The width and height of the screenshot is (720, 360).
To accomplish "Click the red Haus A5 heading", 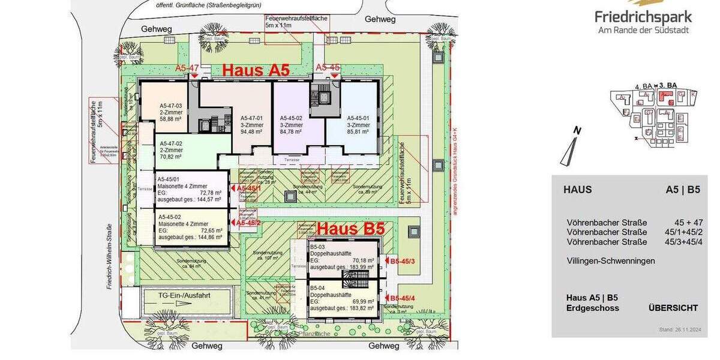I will point(256,70).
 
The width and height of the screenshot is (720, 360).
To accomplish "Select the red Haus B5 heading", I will point(350,229).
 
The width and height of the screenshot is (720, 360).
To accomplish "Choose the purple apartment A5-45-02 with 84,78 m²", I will point(296,122).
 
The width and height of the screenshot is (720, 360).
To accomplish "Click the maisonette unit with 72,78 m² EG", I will point(190,188).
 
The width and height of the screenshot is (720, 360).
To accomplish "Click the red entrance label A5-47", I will point(187,68).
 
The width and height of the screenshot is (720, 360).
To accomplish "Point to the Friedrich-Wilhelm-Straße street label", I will point(110,257).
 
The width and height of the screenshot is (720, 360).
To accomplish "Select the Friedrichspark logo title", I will point(643,17).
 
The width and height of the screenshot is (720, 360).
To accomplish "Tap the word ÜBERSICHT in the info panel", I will point(673,308).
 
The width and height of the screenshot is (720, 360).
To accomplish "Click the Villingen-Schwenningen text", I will point(611,261).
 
